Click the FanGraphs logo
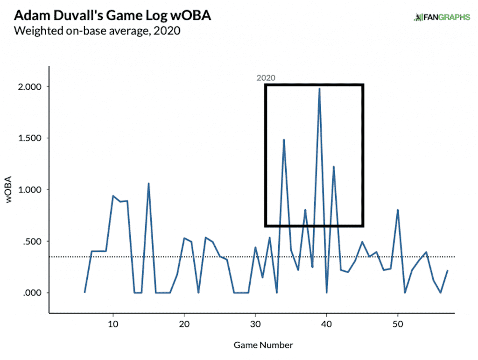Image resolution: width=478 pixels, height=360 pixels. pos(442,18)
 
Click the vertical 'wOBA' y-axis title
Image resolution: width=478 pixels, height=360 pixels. pos(9,191)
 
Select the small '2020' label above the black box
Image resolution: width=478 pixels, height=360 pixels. pos(266,78)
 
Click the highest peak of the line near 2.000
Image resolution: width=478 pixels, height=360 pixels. pos(319,89)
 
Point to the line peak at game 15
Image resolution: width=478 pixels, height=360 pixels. pos(148,184)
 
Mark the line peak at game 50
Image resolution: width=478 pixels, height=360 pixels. pos(398,210)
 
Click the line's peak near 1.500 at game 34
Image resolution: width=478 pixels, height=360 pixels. pos(284,140)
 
